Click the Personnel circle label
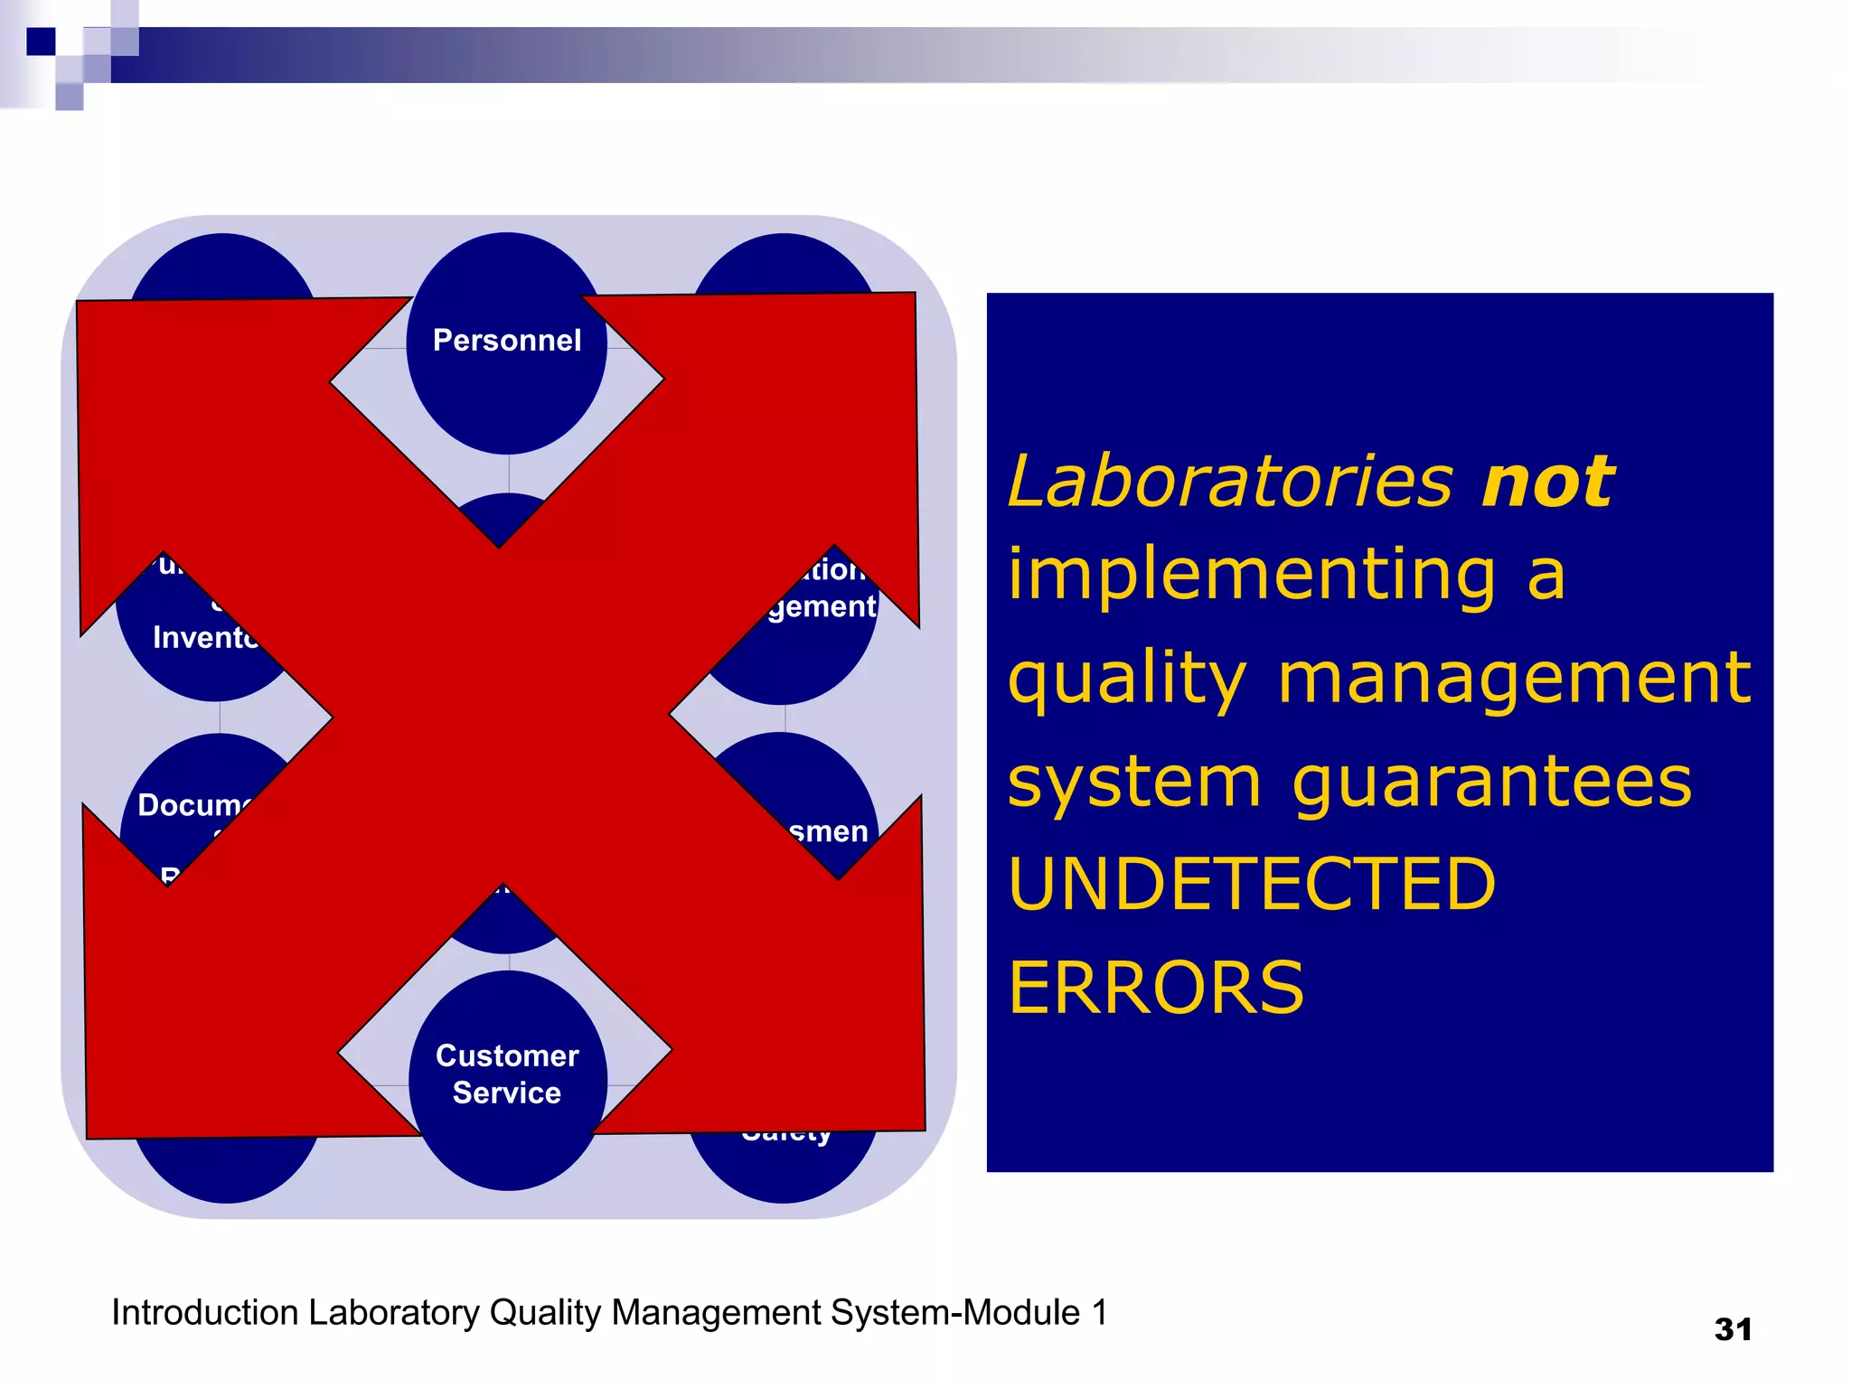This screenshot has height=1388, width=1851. [x=506, y=341]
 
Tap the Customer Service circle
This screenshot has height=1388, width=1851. [x=507, y=1074]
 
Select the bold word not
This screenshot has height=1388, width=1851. [x=1547, y=482]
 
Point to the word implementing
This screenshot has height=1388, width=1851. [x=1253, y=576]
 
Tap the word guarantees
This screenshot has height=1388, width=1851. [x=1491, y=782]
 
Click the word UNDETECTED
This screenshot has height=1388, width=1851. [x=1252, y=885]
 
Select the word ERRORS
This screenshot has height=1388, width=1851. [x=1156, y=988]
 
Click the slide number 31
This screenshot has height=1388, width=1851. [x=1733, y=1329]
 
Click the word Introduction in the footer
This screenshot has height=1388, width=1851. [x=204, y=1313]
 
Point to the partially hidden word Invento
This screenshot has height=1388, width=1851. [x=205, y=638]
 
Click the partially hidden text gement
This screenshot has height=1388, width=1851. [x=822, y=606]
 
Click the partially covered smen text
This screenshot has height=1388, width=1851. [x=828, y=831]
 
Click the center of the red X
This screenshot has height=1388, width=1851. [x=503, y=714]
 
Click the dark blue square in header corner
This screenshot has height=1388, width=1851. [x=41, y=42]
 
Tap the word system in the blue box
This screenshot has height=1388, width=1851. [x=1134, y=782]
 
